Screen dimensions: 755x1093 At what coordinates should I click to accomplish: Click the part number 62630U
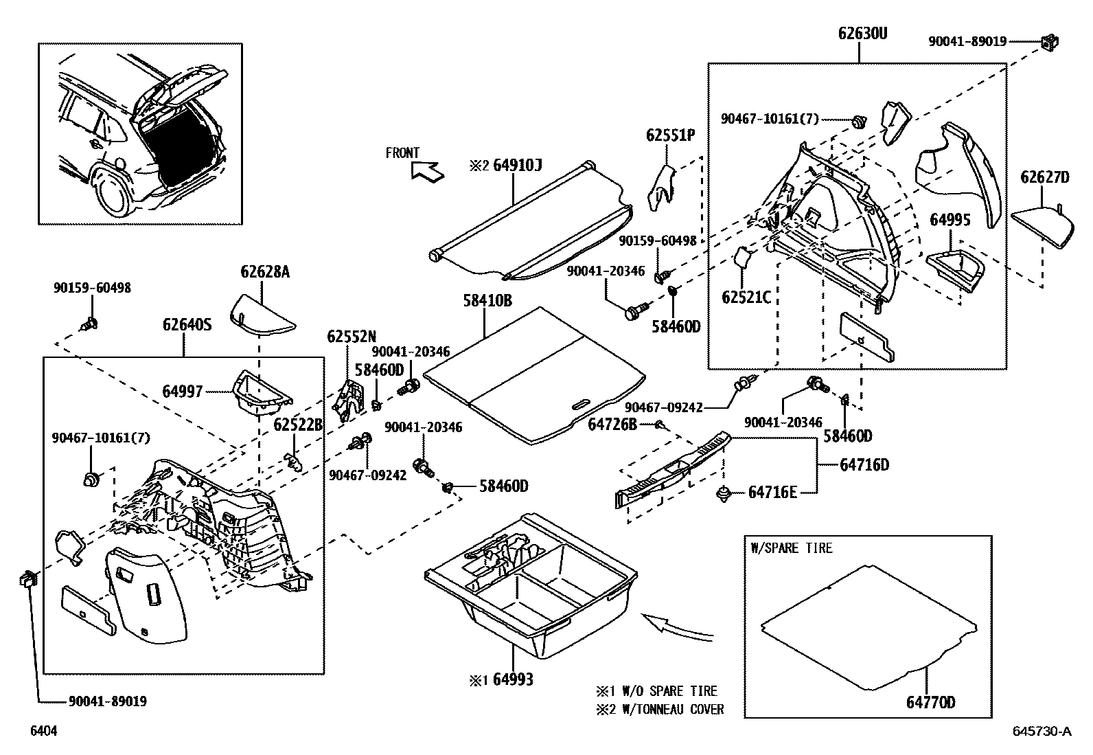862,32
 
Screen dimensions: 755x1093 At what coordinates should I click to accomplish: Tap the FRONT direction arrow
426,170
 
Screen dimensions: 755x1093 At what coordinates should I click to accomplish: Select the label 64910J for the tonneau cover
517,166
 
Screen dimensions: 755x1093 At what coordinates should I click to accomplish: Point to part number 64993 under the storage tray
510,680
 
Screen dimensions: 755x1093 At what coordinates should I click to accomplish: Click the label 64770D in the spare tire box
930,702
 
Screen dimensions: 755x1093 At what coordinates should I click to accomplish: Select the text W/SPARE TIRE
791,548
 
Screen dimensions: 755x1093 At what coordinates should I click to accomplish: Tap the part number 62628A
265,272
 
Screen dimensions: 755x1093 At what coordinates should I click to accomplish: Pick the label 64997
183,392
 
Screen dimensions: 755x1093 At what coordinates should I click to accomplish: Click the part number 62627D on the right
1044,177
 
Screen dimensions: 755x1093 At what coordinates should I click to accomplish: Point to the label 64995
950,220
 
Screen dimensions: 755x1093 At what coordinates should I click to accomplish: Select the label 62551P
670,135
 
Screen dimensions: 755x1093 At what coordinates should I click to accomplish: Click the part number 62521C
746,297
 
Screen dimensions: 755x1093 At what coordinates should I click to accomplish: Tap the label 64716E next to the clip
772,493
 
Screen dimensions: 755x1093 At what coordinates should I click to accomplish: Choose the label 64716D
864,465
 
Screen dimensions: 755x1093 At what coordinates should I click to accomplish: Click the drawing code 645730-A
1040,732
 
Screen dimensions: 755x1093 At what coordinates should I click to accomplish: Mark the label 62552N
352,337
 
